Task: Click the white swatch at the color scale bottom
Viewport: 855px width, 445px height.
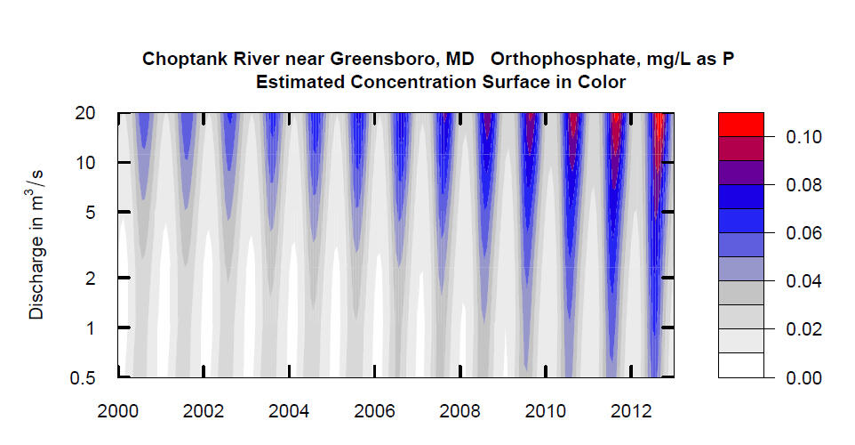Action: click(x=740, y=365)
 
